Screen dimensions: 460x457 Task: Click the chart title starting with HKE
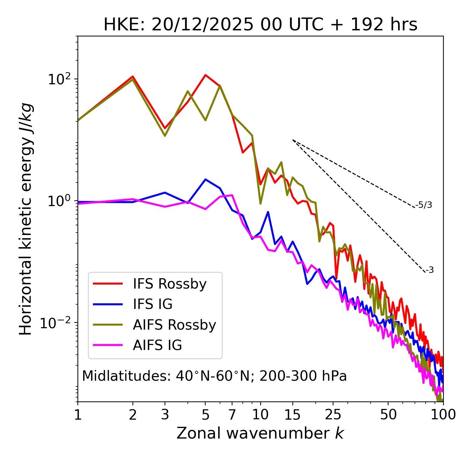click(260, 25)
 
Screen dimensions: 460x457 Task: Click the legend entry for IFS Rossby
click(170, 284)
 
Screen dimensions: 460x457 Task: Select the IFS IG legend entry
click(152, 304)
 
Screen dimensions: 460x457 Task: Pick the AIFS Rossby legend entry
click(174, 325)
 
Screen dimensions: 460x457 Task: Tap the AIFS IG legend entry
click(157, 345)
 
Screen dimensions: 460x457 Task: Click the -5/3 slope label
click(424, 205)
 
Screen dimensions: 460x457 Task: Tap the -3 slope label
click(430, 270)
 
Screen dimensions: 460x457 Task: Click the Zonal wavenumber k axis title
click(260, 433)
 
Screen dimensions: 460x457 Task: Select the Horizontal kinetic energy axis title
click(26, 219)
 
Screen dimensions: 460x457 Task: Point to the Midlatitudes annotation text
click(214, 376)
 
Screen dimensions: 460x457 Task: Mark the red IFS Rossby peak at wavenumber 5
click(205, 75)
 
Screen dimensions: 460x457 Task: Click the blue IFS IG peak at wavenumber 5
click(205, 179)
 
